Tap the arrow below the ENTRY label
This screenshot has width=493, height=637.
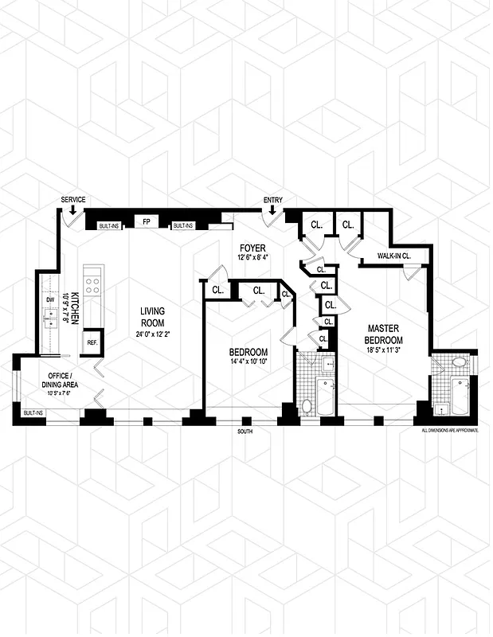click(x=272, y=210)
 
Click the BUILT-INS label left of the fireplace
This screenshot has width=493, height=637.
click(x=109, y=226)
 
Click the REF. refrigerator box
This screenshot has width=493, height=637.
click(x=92, y=342)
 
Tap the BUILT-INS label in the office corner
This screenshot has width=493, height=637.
click(x=33, y=413)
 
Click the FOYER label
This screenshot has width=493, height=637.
click(x=252, y=248)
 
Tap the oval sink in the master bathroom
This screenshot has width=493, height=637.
click(x=458, y=363)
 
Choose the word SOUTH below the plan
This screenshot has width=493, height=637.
click(x=247, y=432)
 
